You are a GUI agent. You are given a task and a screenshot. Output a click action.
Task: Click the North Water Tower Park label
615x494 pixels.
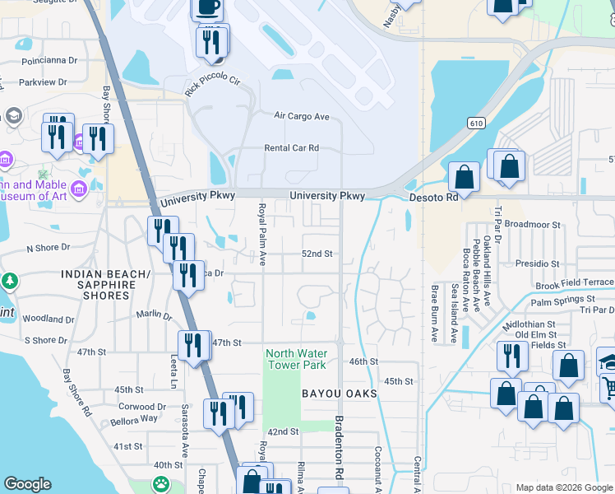[x=295, y=359]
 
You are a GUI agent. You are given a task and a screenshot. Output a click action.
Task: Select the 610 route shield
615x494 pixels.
[x=479, y=123]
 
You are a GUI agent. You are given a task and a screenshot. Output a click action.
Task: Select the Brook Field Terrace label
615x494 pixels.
[x=574, y=282]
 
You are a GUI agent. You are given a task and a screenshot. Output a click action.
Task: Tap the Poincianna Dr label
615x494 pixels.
[x=49, y=61]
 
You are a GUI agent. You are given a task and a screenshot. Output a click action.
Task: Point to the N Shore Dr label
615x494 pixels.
[x=51, y=248]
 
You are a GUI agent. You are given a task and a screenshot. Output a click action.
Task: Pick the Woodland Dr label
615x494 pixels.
[x=49, y=319]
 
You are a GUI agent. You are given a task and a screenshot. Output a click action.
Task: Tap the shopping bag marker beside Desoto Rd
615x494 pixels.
[x=465, y=177]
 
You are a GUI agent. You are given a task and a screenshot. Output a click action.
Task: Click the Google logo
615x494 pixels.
[x=27, y=485]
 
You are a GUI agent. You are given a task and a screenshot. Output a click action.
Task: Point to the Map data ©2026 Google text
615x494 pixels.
[x=563, y=487]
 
